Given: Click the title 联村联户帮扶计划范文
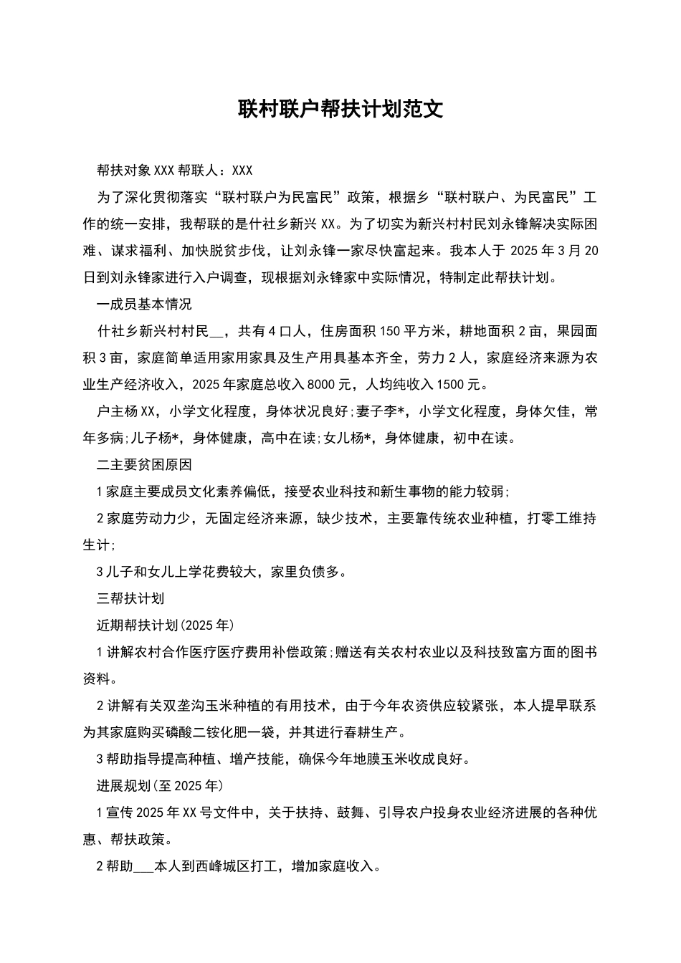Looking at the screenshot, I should point(340,109).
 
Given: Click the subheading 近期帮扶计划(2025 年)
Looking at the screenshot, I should point(165,626).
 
